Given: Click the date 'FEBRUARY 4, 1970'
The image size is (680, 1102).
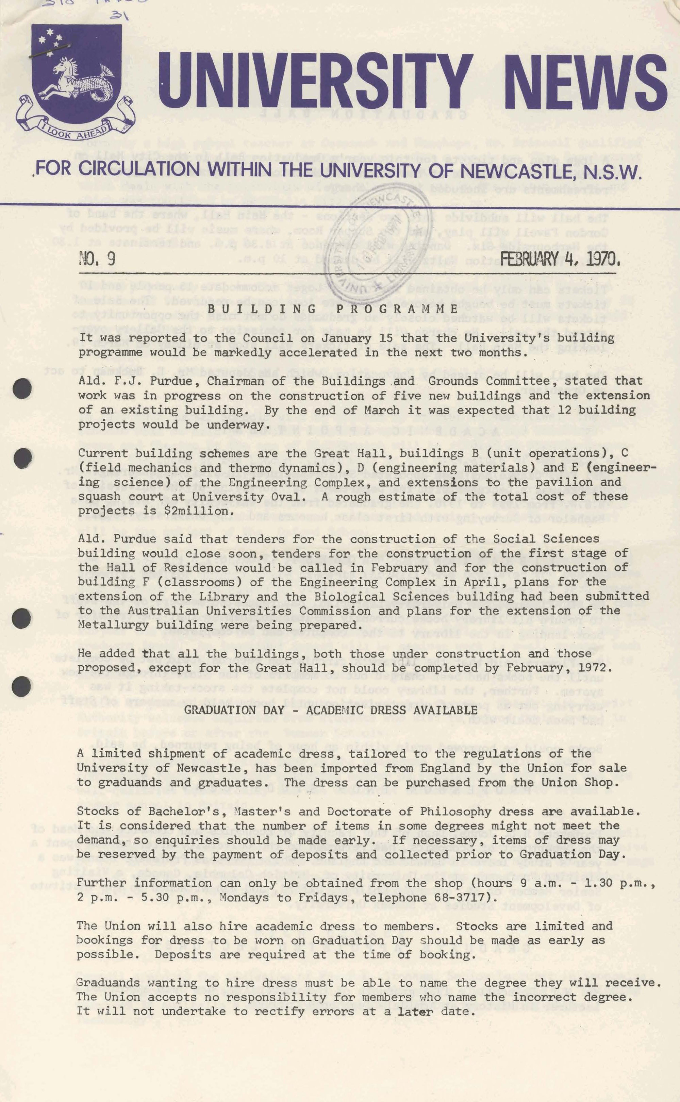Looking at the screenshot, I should pos(560,260).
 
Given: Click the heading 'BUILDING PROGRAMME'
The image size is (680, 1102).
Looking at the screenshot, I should pos(332,309).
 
